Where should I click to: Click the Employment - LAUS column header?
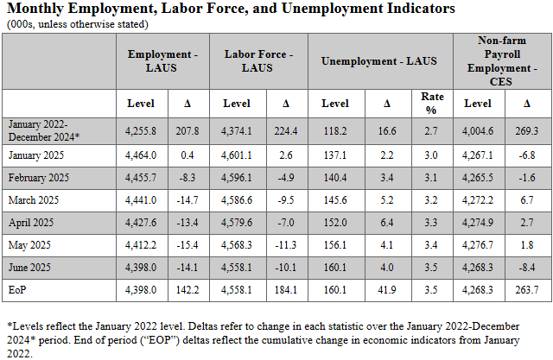(x=163, y=60)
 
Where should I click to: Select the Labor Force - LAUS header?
(x=258, y=60)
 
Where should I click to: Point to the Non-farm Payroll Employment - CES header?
(x=502, y=60)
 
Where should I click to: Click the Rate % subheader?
(x=431, y=104)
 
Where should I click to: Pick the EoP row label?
(x=20, y=289)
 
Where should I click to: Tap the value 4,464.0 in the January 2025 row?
(x=141, y=155)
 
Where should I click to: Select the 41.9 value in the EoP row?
(x=386, y=289)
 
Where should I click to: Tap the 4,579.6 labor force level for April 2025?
(x=236, y=222)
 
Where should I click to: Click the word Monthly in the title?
(x=39, y=9)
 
